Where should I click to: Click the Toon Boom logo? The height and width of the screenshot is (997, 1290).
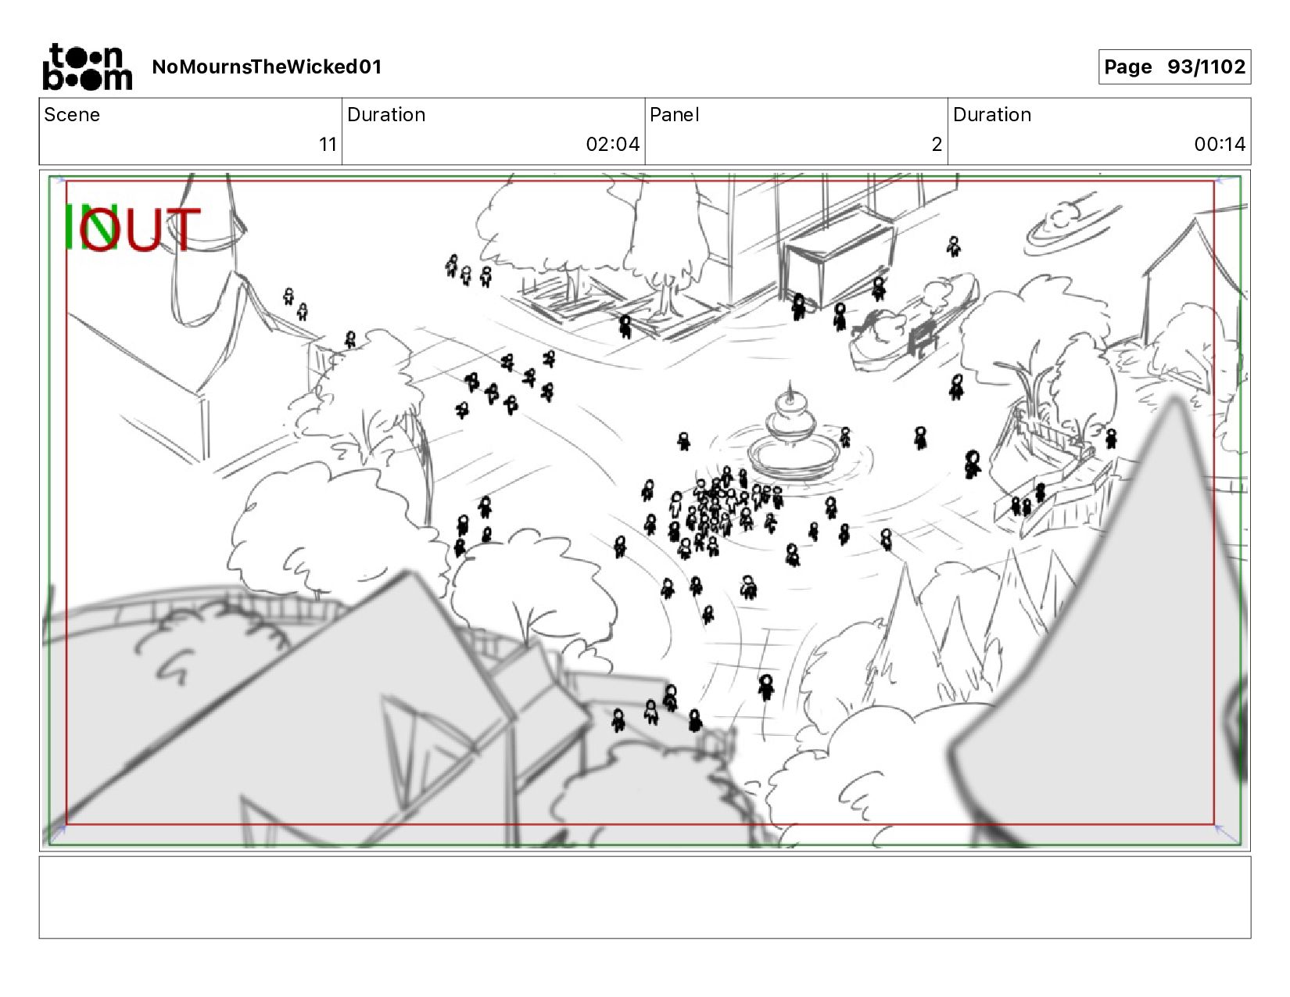tap(88, 66)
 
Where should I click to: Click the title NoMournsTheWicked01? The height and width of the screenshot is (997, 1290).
tap(267, 66)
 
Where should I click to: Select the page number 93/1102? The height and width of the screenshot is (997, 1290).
tap(1206, 66)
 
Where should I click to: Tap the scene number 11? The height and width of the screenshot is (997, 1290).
tap(328, 145)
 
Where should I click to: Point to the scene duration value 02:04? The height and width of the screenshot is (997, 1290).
tap(613, 145)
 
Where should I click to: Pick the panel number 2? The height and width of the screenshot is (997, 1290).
tap(937, 145)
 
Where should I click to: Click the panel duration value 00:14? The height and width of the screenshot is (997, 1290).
tap(1220, 145)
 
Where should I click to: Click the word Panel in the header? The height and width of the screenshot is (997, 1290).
tap(675, 115)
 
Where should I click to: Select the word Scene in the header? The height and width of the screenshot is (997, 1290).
tap(72, 115)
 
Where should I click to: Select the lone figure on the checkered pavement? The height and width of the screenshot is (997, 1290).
tap(766, 687)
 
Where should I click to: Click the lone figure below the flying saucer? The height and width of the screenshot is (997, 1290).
tap(953, 246)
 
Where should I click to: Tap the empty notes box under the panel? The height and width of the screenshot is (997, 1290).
tap(645, 897)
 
